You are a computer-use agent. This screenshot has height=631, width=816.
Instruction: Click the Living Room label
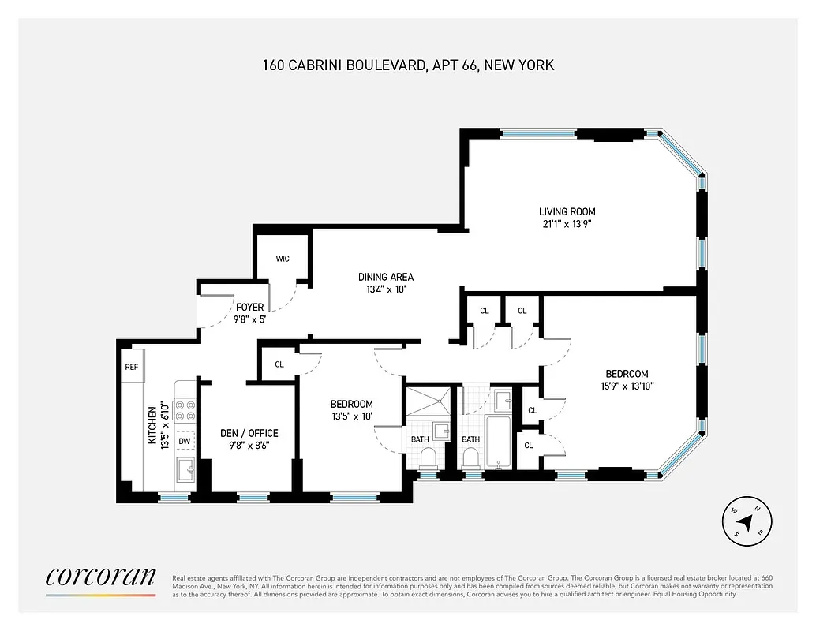567,211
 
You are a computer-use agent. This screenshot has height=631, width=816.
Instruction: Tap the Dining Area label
385,277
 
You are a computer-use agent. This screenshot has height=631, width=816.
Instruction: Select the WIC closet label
283,259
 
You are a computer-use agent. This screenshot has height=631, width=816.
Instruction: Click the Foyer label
249,307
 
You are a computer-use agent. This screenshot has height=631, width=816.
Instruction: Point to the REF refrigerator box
131,367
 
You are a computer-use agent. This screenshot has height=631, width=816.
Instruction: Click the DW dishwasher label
184,442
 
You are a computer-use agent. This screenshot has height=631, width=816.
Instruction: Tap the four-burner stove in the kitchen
185,411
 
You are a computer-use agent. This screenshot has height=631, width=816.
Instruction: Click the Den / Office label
249,433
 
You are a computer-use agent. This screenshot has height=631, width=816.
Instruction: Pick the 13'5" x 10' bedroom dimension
351,416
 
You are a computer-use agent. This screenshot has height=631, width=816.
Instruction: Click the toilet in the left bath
429,458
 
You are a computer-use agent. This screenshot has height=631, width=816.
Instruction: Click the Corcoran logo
100,578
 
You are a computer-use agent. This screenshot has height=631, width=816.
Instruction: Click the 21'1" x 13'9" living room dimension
567,223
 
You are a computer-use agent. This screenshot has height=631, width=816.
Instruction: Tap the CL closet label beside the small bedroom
279,364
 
